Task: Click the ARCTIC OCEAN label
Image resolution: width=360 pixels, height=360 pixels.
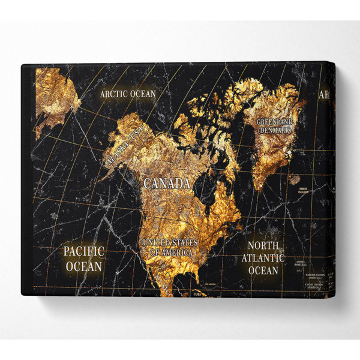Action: (128, 94)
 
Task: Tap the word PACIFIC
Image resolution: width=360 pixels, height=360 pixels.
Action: (84, 251)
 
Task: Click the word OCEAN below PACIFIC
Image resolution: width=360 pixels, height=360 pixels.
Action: (84, 265)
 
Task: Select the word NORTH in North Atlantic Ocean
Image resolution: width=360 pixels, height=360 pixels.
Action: (264, 245)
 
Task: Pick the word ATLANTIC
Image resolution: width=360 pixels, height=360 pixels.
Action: (263, 258)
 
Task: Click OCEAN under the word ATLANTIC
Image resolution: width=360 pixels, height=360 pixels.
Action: (263, 271)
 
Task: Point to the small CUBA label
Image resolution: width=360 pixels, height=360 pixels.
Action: (198, 294)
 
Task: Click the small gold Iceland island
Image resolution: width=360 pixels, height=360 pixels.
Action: (294, 178)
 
